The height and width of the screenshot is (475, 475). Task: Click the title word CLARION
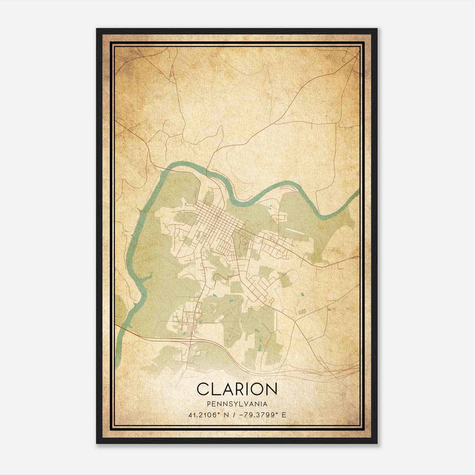[237, 389]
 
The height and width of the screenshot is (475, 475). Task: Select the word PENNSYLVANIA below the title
[237, 404]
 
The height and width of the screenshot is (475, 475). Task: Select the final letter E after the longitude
[284, 415]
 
